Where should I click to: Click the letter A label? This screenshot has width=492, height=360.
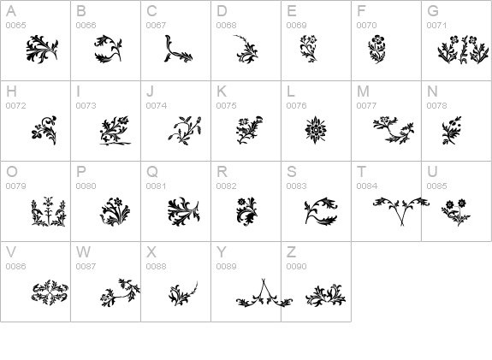[11, 11]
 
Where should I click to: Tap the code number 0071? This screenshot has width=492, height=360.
[436, 25]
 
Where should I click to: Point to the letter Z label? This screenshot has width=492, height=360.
[291, 252]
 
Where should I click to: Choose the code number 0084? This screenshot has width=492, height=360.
[366, 186]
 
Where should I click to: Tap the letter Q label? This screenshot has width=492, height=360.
[151, 172]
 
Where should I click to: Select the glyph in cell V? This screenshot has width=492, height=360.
[48, 291]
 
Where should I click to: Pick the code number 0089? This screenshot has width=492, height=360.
[226, 266]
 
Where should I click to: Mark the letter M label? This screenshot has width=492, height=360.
[363, 91]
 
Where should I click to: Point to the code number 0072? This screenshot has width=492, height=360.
[15, 105]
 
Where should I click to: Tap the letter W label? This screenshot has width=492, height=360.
[84, 252]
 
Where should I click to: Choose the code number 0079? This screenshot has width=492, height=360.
[15, 186]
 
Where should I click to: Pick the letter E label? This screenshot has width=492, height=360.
[291, 11]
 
